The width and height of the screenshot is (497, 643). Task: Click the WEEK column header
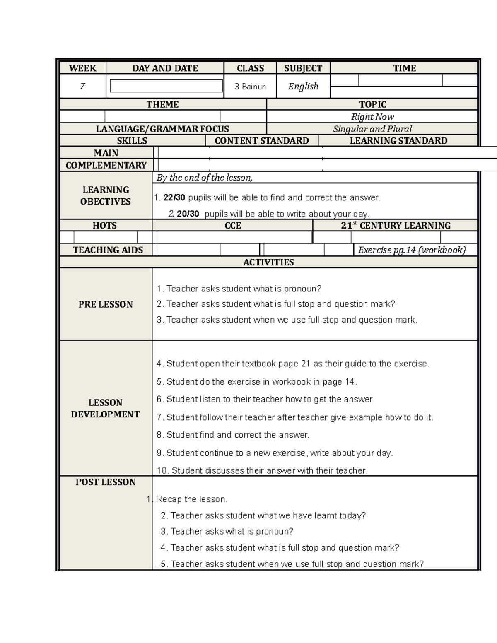click(x=82, y=68)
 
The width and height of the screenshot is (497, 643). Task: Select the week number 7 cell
click(x=82, y=86)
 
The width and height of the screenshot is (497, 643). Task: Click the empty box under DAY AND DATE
click(x=166, y=86)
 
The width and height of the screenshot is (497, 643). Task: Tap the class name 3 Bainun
click(x=250, y=87)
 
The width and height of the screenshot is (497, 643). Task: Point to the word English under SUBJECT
click(x=303, y=86)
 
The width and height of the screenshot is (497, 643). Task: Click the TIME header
click(x=404, y=68)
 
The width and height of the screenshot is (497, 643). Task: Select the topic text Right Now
click(x=372, y=117)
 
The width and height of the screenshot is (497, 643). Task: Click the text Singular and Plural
click(x=372, y=129)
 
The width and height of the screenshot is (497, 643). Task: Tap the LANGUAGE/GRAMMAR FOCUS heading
click(x=162, y=129)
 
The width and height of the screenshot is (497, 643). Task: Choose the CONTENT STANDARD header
click(x=262, y=141)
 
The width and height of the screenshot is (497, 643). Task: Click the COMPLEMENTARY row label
click(x=106, y=165)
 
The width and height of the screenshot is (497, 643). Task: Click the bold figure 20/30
click(x=188, y=214)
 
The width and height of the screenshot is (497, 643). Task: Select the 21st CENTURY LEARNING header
click(x=396, y=226)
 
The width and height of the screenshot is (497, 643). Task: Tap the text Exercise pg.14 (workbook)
click(x=412, y=250)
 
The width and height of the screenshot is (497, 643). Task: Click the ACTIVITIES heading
click(x=268, y=262)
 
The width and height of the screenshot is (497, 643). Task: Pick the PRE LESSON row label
click(x=106, y=304)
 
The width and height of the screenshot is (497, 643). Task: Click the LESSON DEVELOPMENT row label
click(x=106, y=408)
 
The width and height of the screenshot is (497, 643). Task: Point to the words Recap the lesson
click(x=191, y=499)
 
